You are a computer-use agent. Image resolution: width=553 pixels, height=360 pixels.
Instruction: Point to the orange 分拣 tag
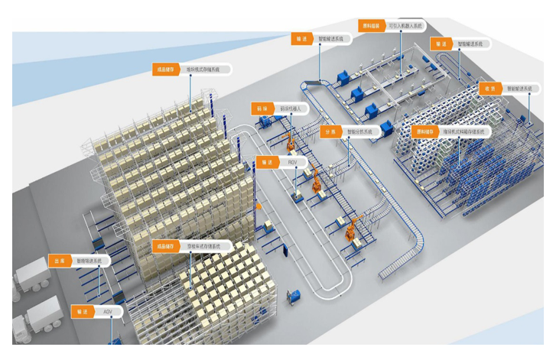pos(330,131)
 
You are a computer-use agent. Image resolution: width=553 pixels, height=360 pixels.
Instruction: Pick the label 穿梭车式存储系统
pos(203,246)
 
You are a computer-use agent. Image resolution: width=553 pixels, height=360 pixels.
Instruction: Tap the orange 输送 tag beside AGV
pos(81,312)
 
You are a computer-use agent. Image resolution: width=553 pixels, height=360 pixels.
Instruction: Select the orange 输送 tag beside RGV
pos(266,162)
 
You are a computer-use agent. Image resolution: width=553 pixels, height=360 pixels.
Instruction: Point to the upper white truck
pos(31,274)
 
